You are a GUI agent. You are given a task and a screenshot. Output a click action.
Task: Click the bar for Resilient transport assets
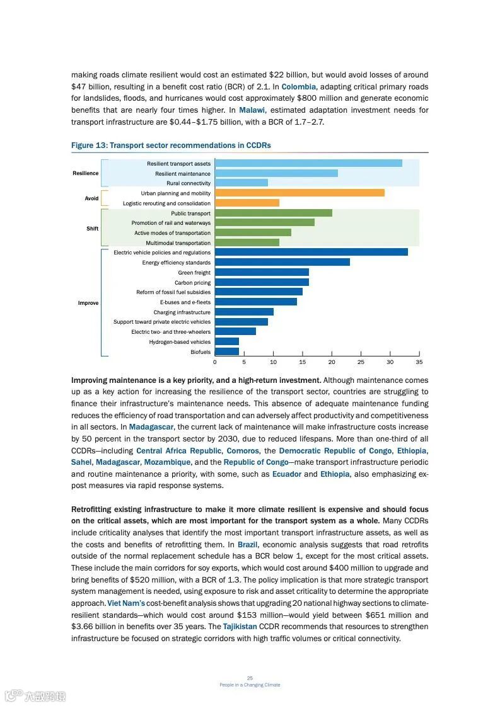tap(308, 163)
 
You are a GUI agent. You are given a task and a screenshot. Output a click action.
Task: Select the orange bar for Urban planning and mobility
tap(299, 193)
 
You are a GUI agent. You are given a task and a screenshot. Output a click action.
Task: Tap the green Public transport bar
tap(273, 213)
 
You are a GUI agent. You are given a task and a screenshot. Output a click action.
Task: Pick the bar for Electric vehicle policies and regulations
tap(311, 252)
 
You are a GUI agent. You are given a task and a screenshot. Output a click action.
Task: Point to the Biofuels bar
tap(227, 351)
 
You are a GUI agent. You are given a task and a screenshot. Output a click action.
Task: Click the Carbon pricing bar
tap(262, 282)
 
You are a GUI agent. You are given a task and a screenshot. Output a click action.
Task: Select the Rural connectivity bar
tap(241, 183)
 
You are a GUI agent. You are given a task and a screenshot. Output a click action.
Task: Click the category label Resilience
tap(85, 173)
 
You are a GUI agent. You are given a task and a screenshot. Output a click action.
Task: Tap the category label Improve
tap(88, 303)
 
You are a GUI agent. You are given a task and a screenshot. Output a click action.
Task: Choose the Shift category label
tap(92, 228)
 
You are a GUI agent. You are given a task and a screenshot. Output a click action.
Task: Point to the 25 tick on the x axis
tap(361, 362)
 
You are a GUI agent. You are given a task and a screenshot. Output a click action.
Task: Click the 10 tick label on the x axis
tap(273, 362)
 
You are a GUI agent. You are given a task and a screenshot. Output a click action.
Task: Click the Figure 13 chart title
tap(171, 145)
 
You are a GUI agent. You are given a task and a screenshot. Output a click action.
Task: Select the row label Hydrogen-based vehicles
tap(180, 342)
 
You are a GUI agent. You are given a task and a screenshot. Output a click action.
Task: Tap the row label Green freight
tap(194, 273)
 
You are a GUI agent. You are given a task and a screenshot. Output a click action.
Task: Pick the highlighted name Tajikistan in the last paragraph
tap(240, 627)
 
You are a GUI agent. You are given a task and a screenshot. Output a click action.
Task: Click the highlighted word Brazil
tap(248, 544)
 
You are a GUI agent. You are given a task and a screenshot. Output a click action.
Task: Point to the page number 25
tap(250, 678)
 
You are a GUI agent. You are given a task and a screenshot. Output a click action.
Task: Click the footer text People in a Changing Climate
tap(250, 685)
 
